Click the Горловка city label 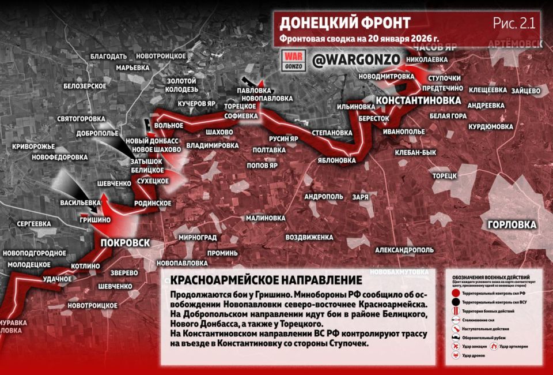click(x=512, y=224)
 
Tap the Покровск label click(x=124, y=242)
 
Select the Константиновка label click(x=418, y=100)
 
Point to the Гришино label click(x=95, y=220)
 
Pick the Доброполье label click(x=96, y=133)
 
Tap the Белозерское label click(x=85, y=85)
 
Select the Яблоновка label click(x=337, y=160)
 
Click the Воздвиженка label click(x=309, y=237)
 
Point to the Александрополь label click(x=404, y=250)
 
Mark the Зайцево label click(x=525, y=91)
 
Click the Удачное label click(x=56, y=279)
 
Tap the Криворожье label click(x=33, y=147)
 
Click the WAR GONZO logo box click(x=293, y=60)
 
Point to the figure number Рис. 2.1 click(x=514, y=23)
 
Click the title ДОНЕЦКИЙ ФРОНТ click(x=344, y=23)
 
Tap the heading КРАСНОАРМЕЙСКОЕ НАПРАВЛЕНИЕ click(x=267, y=280)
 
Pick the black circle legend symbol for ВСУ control click(x=456, y=301)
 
